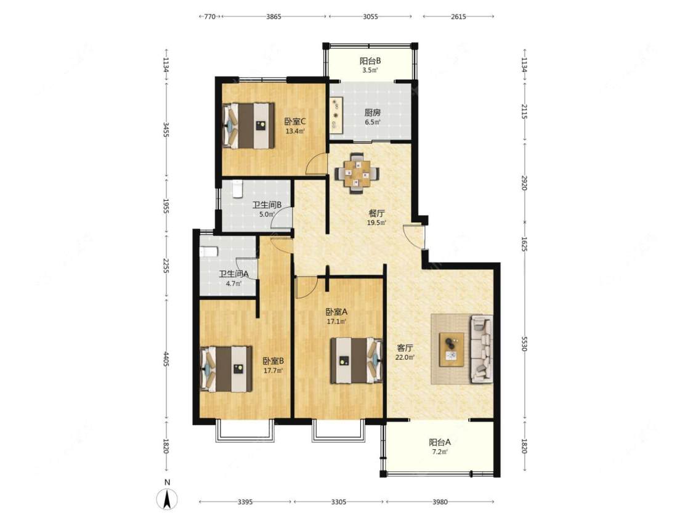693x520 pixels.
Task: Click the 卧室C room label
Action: pos(295,121)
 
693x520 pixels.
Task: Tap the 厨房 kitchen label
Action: pos(372,112)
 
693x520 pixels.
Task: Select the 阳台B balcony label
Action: pos(370,60)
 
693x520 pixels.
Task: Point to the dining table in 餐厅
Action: pos(357,173)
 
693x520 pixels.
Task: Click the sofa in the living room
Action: pos(481,349)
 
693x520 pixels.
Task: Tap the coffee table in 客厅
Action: pos(452,349)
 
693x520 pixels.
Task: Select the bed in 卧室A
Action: pos(356,360)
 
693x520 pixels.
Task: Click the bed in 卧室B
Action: pos(226,369)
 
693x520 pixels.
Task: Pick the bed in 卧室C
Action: pos(248,126)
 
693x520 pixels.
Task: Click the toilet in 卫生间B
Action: pos(237,189)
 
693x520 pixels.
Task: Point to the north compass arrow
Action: pos(167,499)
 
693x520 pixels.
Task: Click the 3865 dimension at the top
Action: pos(274,17)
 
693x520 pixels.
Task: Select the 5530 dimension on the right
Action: pos(524,344)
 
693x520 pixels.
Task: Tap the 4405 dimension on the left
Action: pos(166,359)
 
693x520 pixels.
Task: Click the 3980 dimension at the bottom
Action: pos(440,502)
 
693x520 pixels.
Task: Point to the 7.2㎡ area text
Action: pos(439,452)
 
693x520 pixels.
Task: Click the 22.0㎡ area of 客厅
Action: pos(405,357)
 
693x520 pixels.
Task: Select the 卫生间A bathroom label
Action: pos(234,274)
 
